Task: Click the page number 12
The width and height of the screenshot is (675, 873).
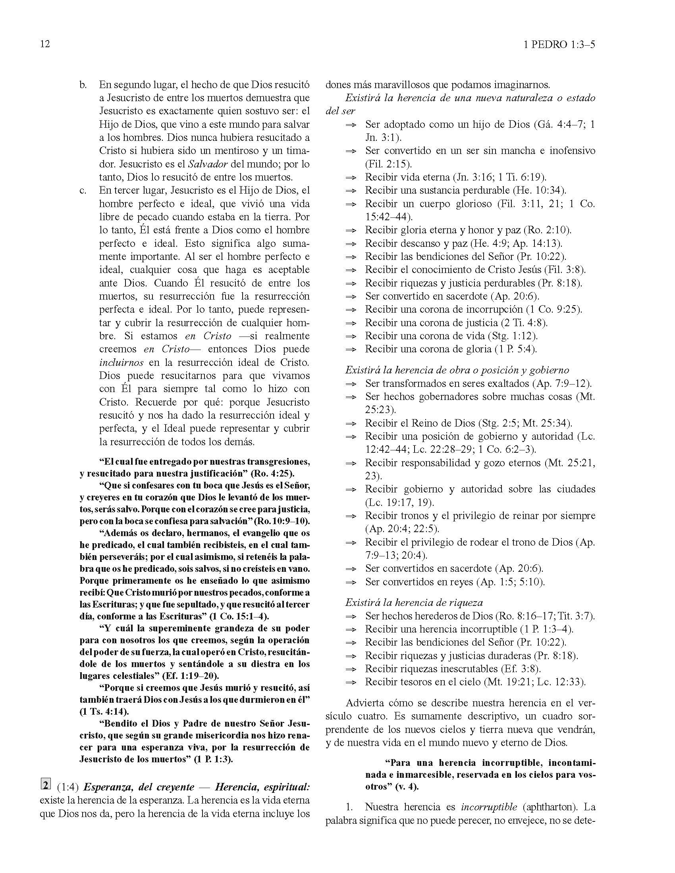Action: click(45, 44)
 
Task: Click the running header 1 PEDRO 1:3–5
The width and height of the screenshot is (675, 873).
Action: click(559, 44)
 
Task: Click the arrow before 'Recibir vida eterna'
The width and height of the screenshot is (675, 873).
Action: click(351, 177)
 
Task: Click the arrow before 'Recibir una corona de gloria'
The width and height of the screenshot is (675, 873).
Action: click(351, 349)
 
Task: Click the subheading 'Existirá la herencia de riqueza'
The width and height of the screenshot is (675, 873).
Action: click(414, 602)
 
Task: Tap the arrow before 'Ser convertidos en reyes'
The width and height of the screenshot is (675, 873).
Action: click(351, 582)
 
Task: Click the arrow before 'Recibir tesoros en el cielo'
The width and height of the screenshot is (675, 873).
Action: click(351, 682)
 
